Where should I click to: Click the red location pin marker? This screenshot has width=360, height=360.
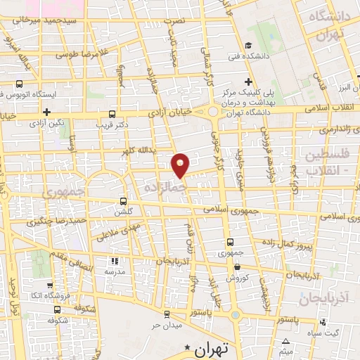181,165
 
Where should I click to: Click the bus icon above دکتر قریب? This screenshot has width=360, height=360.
112,115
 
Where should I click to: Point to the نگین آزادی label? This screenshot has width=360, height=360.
51,122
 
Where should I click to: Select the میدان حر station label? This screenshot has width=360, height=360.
167,326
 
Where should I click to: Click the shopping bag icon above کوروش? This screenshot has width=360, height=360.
237,266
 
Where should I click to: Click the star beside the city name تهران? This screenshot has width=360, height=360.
187,348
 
